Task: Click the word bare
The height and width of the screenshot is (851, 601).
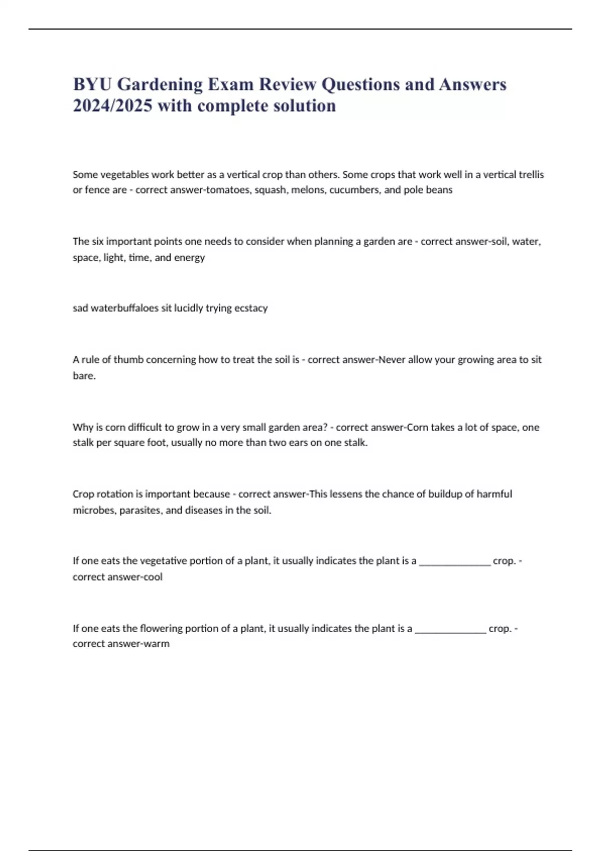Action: (x=84, y=375)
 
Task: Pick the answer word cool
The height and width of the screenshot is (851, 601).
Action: (x=153, y=577)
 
